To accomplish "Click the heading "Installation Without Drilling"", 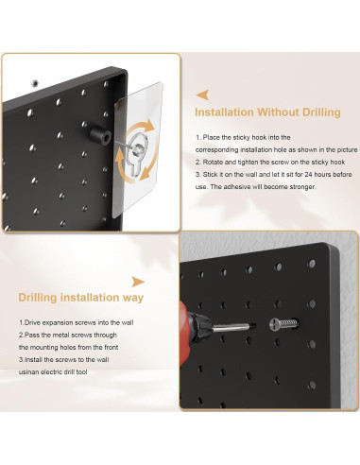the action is (267, 112).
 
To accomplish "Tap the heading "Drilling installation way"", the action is (81, 298).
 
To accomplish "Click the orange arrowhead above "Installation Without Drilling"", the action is (202, 95).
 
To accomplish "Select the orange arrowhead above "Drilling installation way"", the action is (138, 282).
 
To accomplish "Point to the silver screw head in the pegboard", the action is (274, 324).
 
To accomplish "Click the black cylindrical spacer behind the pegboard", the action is (100, 134).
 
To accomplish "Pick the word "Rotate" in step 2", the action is (213, 162).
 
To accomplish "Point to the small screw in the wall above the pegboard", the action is (35, 83).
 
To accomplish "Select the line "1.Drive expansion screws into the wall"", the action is (77, 322).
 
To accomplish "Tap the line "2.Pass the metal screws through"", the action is (68, 335).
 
